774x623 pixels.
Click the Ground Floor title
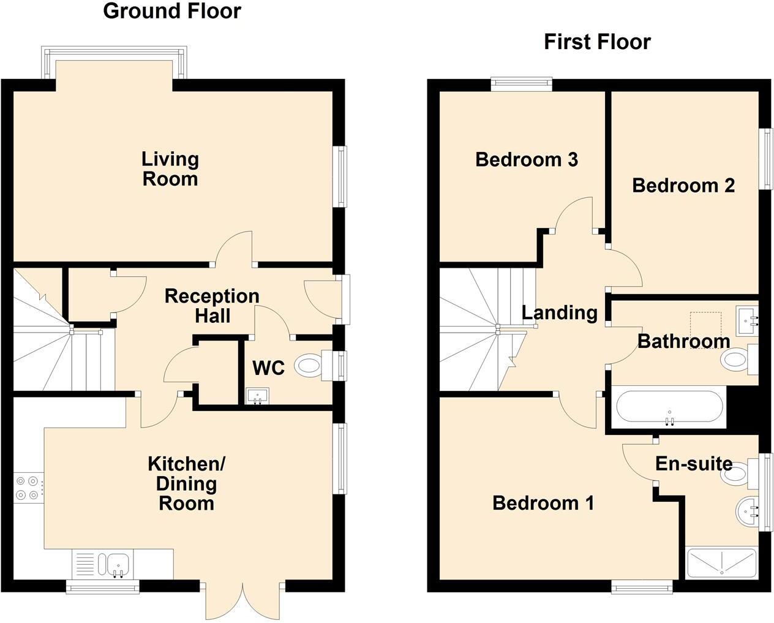[172, 11]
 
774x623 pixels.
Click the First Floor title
[597, 42]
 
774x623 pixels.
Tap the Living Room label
[170, 168]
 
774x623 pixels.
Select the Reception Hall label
[212, 306]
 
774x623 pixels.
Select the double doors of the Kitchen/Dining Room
[244, 600]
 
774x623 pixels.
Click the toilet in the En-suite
[738, 473]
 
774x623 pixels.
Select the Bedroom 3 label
[526, 159]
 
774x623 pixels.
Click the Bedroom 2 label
[683, 185]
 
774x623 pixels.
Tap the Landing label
[559, 312]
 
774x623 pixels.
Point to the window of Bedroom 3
[522, 85]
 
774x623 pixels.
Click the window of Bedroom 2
[765, 159]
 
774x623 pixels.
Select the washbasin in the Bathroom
[747, 320]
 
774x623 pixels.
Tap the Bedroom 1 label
[543, 503]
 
